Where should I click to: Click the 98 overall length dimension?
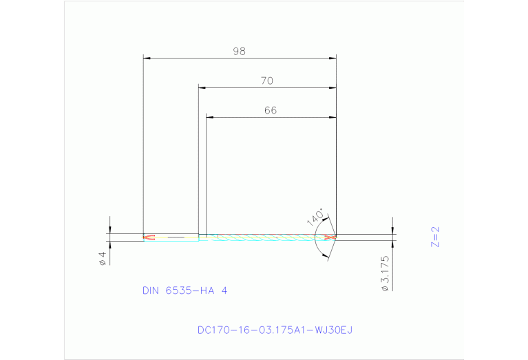click(239, 51)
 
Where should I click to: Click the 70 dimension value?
click(267, 81)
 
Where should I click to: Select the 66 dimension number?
click(270, 110)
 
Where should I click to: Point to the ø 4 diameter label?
click(103, 257)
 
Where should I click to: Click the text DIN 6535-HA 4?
click(184, 290)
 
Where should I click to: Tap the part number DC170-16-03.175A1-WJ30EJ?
click(274, 330)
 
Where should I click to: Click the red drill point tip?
click(332, 237)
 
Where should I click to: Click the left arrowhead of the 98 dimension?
click(145, 58)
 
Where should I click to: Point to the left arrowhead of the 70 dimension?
click(202, 87)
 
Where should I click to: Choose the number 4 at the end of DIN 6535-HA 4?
click(223, 290)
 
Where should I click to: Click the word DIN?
click(150, 290)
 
